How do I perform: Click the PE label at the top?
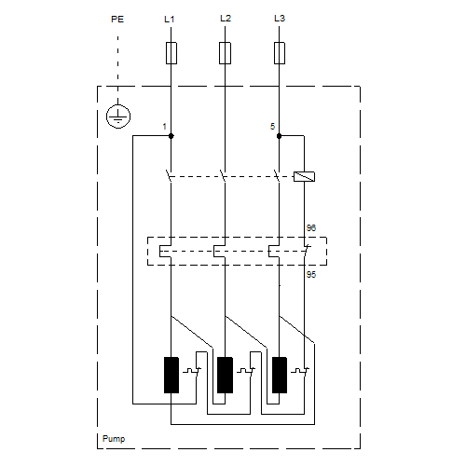117,20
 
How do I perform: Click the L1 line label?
170,20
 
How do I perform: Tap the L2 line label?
226,19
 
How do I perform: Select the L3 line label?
280,19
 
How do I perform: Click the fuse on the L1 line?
171,53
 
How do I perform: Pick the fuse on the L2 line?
225,53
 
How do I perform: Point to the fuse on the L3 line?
280,53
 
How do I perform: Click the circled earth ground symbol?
118,116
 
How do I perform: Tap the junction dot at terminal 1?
171,136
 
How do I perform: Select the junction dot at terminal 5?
279,136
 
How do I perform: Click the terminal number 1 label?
164,127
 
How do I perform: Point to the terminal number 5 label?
272,127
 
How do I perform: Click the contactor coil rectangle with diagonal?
304,176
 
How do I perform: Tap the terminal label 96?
311,228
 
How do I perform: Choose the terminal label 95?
311,275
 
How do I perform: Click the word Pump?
114,439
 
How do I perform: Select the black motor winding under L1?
171,375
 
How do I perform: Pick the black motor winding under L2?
225,375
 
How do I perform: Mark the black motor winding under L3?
280,375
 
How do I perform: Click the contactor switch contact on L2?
223,176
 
